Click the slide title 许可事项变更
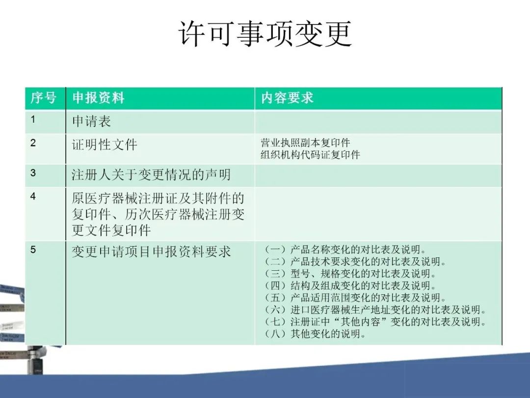pos(265,34)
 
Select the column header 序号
pos(43,98)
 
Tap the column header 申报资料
pos(98,98)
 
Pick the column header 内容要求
pos(287,98)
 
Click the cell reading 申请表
pos(91,121)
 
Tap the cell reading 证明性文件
pos(105,145)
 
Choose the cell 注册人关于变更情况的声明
pos(151,174)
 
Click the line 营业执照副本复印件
pos(305,142)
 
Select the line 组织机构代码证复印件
pos(310,155)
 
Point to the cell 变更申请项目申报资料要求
pos(151,252)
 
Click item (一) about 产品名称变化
pos(345,250)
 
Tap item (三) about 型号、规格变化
pos(350,274)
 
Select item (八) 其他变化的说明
pos(315,334)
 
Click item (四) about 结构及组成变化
pos(350,285)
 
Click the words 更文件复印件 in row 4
pos(111,230)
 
